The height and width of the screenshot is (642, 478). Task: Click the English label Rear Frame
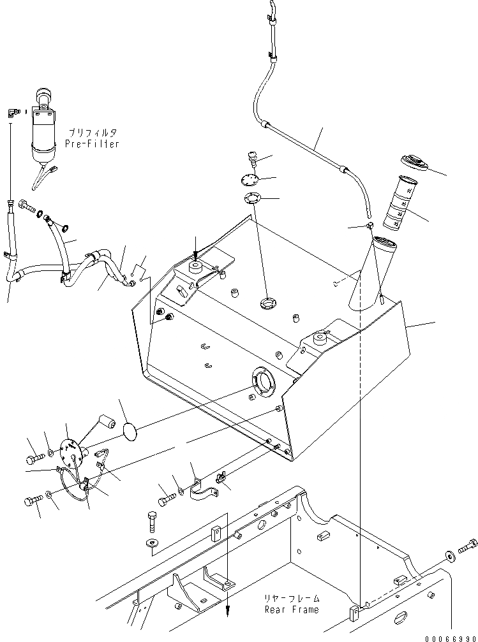pos(292,609)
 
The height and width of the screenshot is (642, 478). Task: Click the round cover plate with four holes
pos(252,180)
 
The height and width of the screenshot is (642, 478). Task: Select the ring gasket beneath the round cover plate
pos(253,200)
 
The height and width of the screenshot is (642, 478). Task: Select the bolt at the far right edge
pos(468,546)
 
